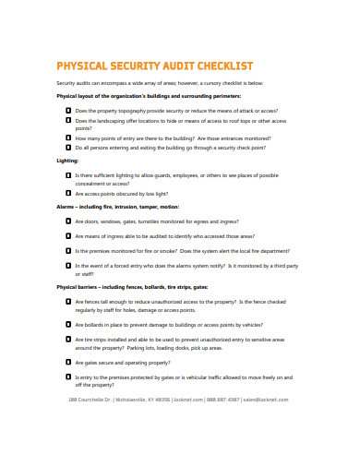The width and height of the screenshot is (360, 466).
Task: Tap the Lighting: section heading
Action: [x=67, y=161]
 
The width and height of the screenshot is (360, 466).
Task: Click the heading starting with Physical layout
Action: [x=148, y=95]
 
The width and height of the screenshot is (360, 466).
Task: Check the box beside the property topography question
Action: [x=68, y=109]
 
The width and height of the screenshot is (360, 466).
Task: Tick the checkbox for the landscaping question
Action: [x=68, y=120]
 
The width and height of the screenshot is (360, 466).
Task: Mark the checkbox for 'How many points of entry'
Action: [x=68, y=137]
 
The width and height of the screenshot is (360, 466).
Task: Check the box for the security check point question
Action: [x=68, y=147]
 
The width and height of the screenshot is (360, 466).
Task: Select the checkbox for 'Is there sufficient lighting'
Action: [x=68, y=174]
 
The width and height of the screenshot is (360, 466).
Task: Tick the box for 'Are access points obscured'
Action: [x=68, y=194]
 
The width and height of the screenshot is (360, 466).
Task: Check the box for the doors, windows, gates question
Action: [x=68, y=221]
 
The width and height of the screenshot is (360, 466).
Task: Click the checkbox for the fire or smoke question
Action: [x=68, y=250]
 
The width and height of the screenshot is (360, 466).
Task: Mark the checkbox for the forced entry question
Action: [x=68, y=266]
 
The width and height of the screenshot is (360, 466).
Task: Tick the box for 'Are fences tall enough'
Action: [x=68, y=301]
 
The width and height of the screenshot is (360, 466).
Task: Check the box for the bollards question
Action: [x=68, y=325]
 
